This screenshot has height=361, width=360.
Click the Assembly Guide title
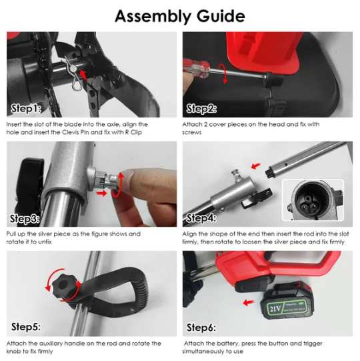tap(180, 17)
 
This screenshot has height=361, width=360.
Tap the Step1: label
tap(26, 109)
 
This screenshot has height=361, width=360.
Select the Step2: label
tap(201, 109)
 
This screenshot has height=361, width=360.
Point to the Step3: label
tap(25, 218)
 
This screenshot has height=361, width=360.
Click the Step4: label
tap(201, 218)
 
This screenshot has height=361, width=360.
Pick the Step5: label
tap(26, 327)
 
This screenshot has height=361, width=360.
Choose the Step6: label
tap(201, 328)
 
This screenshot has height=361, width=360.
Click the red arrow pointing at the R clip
tap(83, 75)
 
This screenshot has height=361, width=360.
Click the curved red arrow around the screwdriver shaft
tap(225, 73)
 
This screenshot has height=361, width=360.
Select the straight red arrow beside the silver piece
tap(101, 193)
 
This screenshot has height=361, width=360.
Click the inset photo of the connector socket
tap(313, 200)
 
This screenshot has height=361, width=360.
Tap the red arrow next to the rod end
tap(256, 165)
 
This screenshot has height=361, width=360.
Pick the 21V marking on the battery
tap(275, 308)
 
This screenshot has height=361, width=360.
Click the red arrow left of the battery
tap(249, 302)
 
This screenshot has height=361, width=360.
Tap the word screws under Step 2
tap(192, 133)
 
